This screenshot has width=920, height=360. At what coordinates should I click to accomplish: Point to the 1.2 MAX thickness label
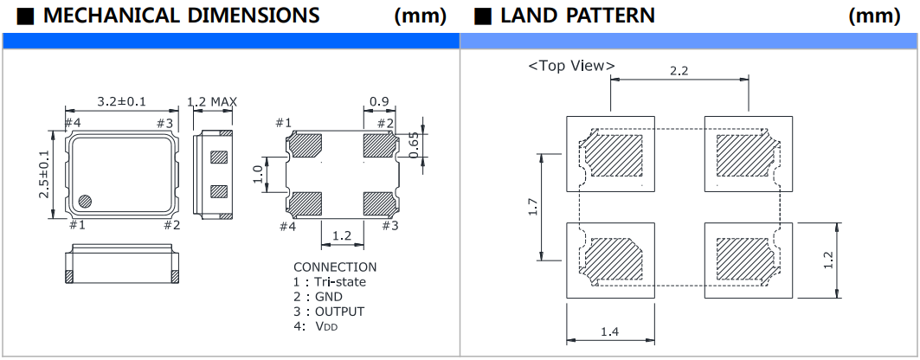tap(212, 102)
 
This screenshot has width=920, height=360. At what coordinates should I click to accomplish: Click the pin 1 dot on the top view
tap(85, 201)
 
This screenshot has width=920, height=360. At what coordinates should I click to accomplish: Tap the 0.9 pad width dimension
tap(378, 101)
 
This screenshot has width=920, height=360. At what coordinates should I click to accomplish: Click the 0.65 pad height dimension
tap(415, 145)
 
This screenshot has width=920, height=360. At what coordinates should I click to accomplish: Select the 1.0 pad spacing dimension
tap(258, 174)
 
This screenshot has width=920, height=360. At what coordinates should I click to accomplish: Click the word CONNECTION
tap(335, 267)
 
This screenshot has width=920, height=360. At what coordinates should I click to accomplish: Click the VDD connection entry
tap(324, 326)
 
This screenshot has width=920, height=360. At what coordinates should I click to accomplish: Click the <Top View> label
tap(571, 66)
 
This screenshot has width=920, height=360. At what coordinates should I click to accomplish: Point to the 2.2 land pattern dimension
tap(679, 72)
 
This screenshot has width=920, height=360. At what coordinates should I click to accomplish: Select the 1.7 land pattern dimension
tap(533, 206)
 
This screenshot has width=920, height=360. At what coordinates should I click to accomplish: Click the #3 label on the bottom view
tap(389, 226)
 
